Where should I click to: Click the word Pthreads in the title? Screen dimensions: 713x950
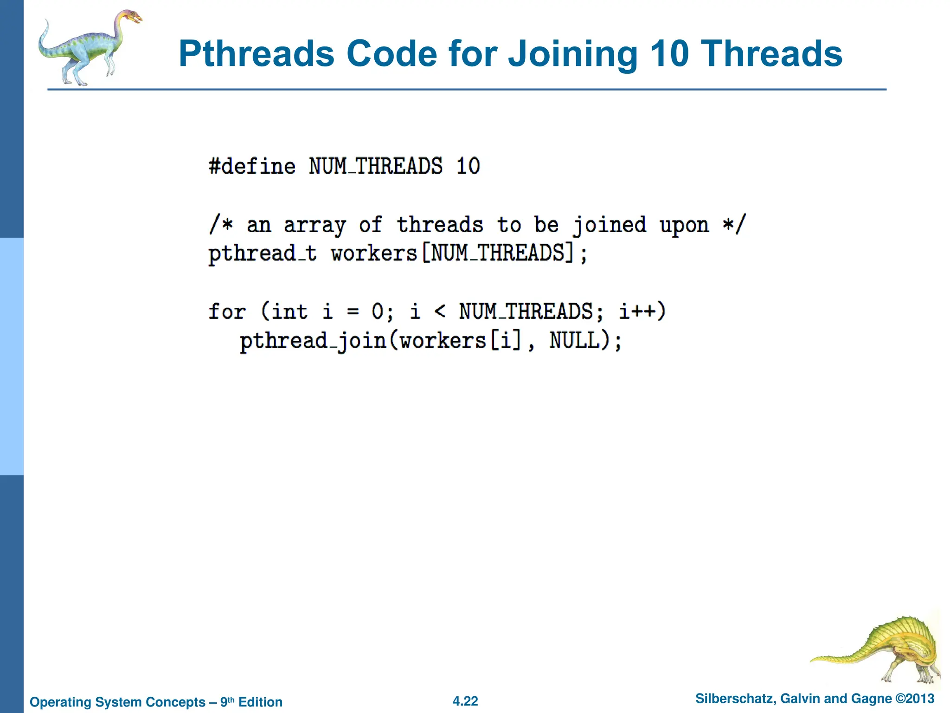point(256,55)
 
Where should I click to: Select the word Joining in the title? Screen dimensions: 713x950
point(573,55)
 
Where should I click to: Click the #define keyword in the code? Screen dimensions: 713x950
point(252,167)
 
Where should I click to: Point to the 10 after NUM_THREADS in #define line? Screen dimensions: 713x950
point(468,167)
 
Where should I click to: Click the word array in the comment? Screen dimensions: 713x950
point(315,226)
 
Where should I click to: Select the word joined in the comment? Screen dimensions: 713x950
point(610,226)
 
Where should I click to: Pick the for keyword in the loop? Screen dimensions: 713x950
point(226,311)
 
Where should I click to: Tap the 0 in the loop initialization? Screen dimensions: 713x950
point(378,311)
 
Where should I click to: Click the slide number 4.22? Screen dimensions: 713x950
point(465,701)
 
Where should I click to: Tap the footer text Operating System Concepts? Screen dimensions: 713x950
point(117,702)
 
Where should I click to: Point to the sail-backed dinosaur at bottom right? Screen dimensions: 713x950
point(891,650)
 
